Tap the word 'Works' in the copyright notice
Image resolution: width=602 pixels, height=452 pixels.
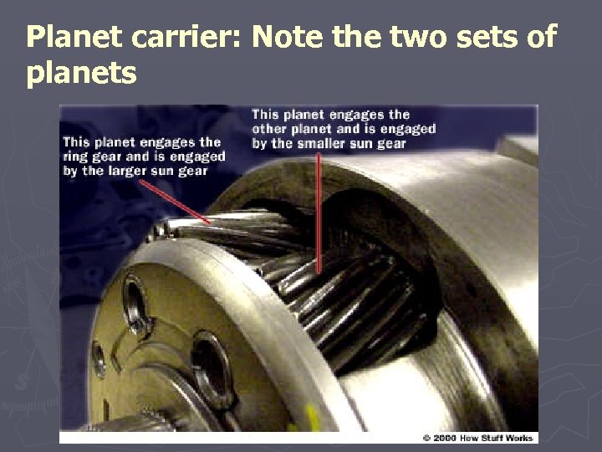[518, 438]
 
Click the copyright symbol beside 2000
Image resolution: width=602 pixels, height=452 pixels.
[426, 438]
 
